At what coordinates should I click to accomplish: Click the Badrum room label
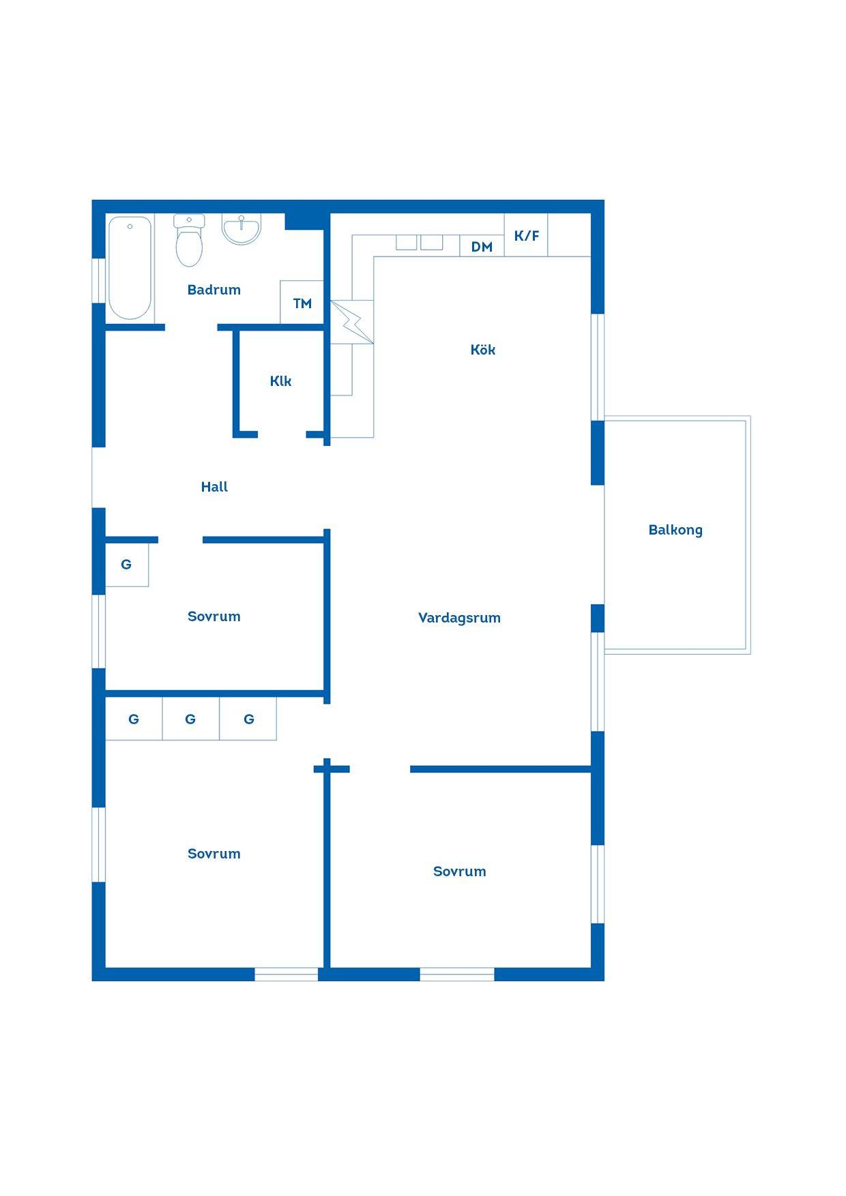(x=214, y=290)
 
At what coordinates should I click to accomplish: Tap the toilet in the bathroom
(x=189, y=240)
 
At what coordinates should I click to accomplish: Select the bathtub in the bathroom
(x=130, y=268)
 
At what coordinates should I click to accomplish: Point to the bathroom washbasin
(x=242, y=229)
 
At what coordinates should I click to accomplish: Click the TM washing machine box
(x=302, y=302)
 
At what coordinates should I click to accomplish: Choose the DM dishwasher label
(x=482, y=247)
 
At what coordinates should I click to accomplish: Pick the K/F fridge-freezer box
(x=526, y=235)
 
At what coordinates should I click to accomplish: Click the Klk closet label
(x=280, y=381)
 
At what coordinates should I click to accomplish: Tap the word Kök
(x=483, y=350)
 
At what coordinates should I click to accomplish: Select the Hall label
(x=214, y=487)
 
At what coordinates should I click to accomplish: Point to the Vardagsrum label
(x=459, y=618)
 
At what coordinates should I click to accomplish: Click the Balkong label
(x=675, y=530)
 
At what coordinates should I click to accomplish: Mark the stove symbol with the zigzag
(x=352, y=322)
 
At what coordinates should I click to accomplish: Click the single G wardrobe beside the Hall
(x=127, y=565)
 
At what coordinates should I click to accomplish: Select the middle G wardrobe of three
(x=190, y=719)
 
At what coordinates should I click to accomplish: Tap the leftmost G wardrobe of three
(x=134, y=719)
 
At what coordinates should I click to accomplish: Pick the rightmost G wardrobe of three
(x=248, y=719)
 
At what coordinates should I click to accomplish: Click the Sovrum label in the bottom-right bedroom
(x=459, y=871)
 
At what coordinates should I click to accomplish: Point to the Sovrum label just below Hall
(x=214, y=616)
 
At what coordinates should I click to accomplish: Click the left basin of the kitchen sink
(x=407, y=242)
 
